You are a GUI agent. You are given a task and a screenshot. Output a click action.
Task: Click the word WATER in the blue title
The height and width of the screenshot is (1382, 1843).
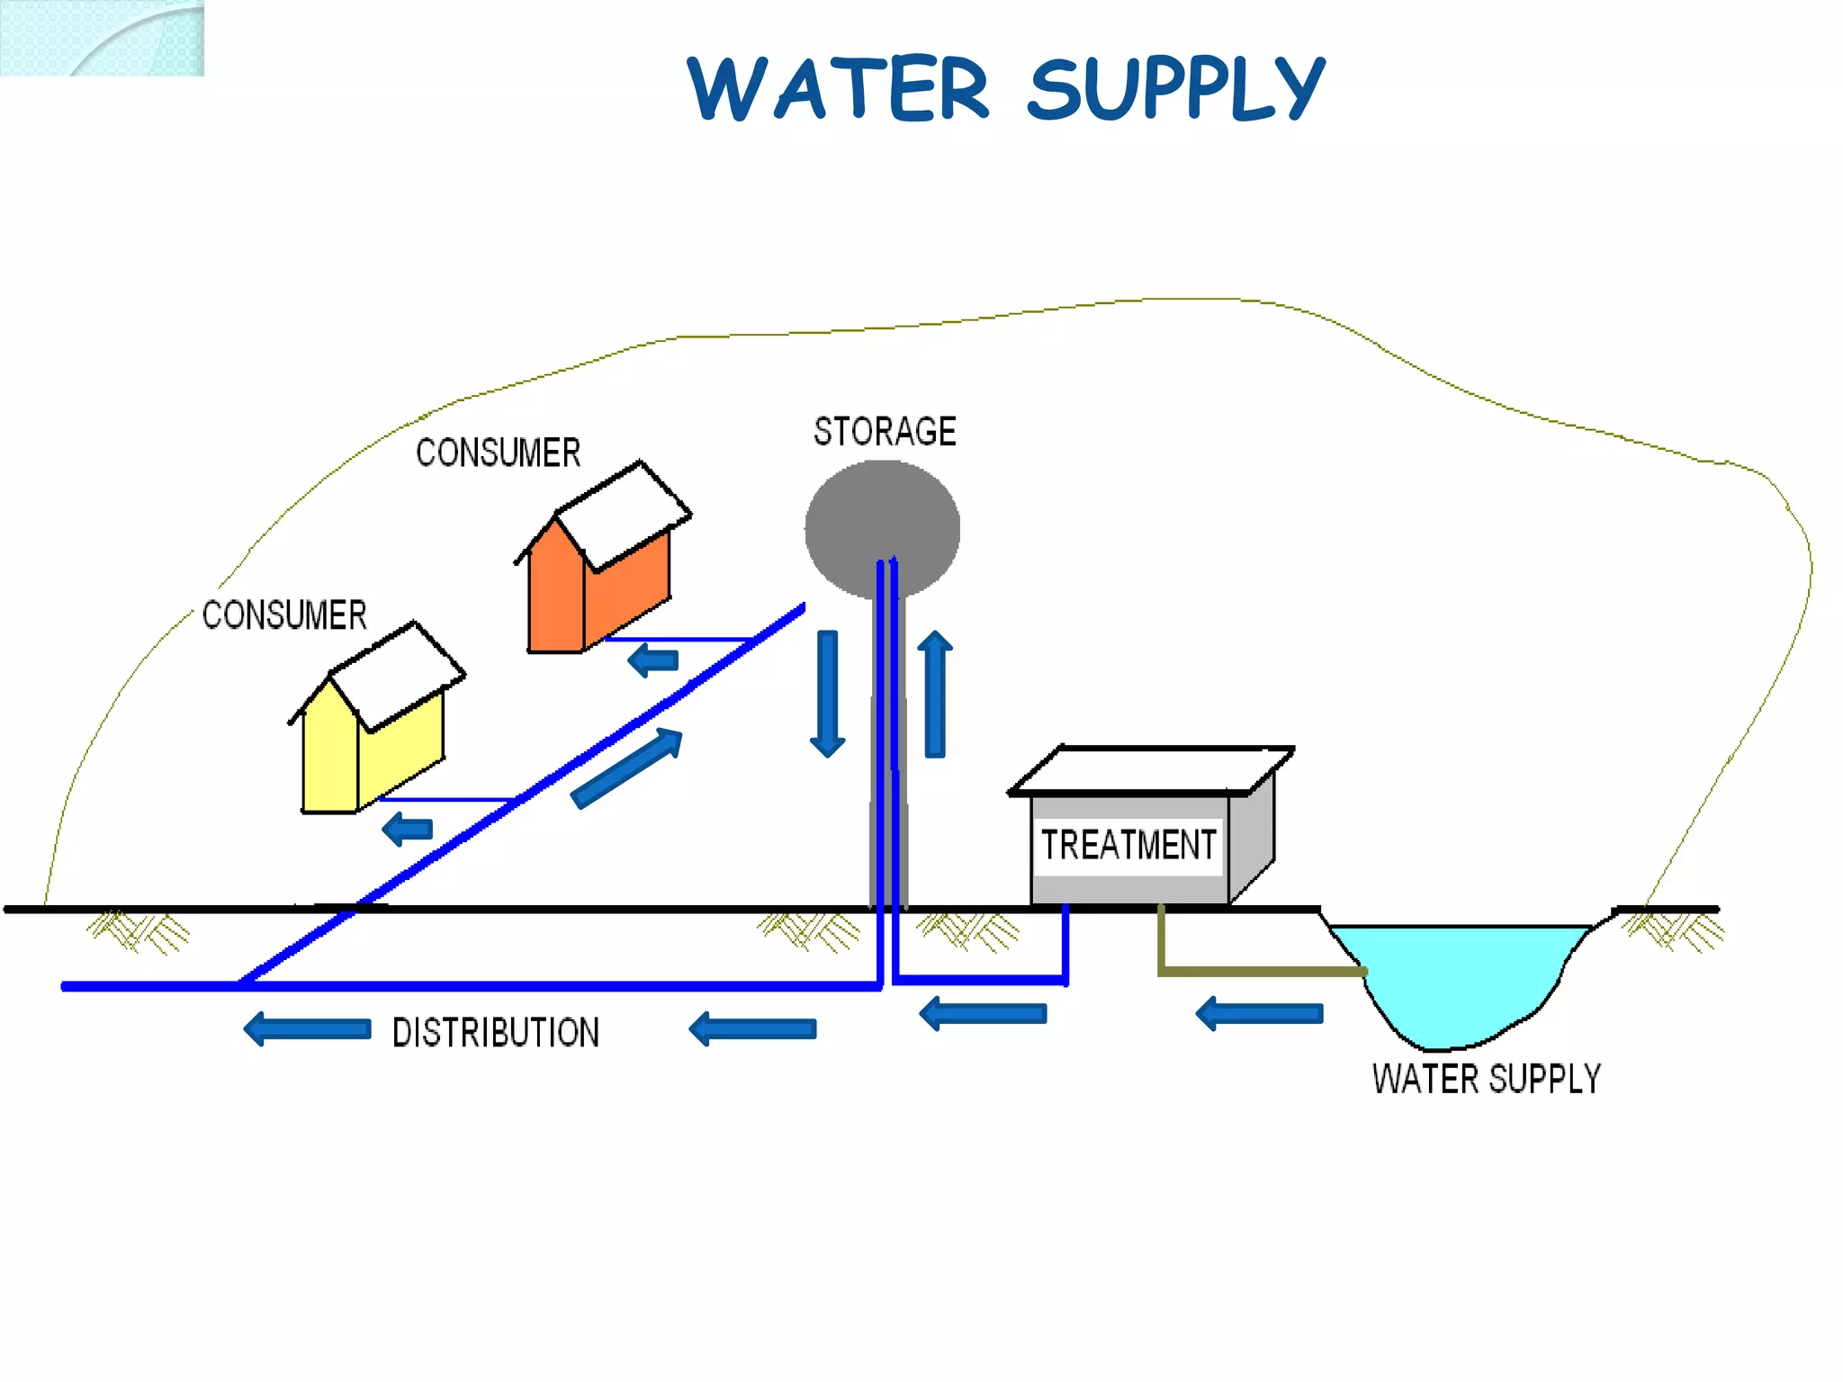tap(837, 88)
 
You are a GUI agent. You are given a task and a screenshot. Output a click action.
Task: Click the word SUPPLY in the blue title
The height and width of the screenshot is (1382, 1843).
tap(1174, 88)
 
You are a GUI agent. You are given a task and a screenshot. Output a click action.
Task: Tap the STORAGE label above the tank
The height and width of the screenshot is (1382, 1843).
tap(885, 432)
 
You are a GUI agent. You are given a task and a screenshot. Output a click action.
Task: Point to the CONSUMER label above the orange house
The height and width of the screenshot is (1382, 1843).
tap(498, 453)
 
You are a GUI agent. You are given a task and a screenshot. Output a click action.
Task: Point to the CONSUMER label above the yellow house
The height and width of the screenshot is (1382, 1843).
tap(284, 615)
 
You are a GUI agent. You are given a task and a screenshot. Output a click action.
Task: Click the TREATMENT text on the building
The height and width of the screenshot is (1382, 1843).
tap(1128, 845)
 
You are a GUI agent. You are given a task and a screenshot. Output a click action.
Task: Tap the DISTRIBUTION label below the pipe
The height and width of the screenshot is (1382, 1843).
tap(496, 1032)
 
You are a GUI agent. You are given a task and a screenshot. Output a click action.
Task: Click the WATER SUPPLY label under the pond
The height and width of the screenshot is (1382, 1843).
tap(1487, 1079)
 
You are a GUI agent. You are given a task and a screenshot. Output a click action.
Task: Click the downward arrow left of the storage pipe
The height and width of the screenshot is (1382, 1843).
tap(827, 694)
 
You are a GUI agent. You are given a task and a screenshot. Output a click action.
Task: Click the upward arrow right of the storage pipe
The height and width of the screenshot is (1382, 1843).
tap(935, 694)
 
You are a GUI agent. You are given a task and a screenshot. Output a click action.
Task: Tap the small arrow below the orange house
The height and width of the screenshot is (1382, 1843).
tap(653, 661)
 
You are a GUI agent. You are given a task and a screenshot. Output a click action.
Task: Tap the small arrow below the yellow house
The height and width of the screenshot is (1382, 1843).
tap(408, 829)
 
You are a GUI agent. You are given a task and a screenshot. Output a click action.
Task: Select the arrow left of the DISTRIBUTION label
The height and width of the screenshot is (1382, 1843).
tap(308, 1028)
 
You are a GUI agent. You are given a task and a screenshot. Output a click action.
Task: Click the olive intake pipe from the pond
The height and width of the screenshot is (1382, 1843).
tap(1260, 971)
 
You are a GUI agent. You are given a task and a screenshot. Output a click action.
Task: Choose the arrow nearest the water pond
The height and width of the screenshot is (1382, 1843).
tap(1259, 1014)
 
